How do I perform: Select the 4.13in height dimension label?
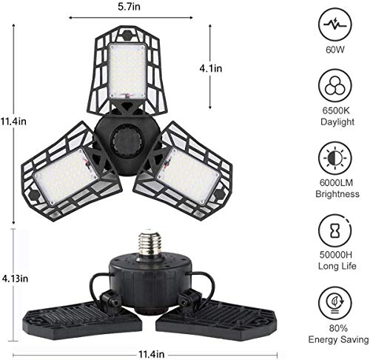(x=14, y=279)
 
